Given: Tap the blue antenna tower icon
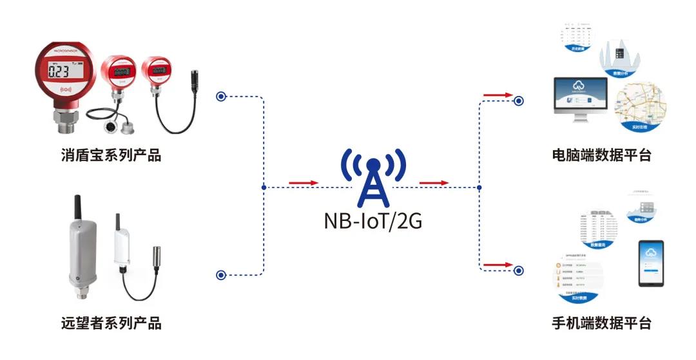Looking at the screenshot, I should tap(373, 176).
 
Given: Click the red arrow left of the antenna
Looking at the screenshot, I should tap(304, 183).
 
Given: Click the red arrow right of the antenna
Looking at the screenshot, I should tap(434, 183).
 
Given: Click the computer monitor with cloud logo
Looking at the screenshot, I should tap(579, 97).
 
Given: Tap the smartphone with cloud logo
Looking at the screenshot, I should tap(652, 263).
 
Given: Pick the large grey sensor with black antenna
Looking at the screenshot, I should tap(80, 251).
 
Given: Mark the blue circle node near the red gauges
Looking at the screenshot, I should tap(221, 97).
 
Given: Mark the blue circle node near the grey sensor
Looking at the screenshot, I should tap(221, 275).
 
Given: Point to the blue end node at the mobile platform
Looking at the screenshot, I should tap(518, 269).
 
